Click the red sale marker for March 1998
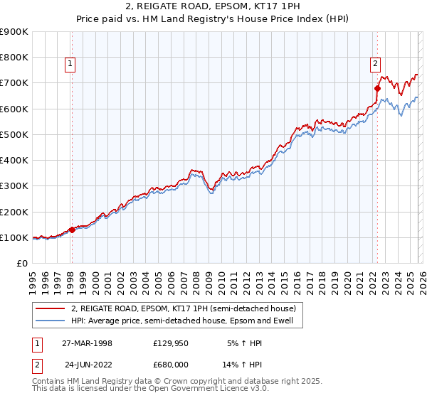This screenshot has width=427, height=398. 72,230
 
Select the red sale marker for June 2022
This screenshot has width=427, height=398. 377,88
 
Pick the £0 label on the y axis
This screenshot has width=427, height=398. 21,264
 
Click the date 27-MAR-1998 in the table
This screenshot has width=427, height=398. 87,343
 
